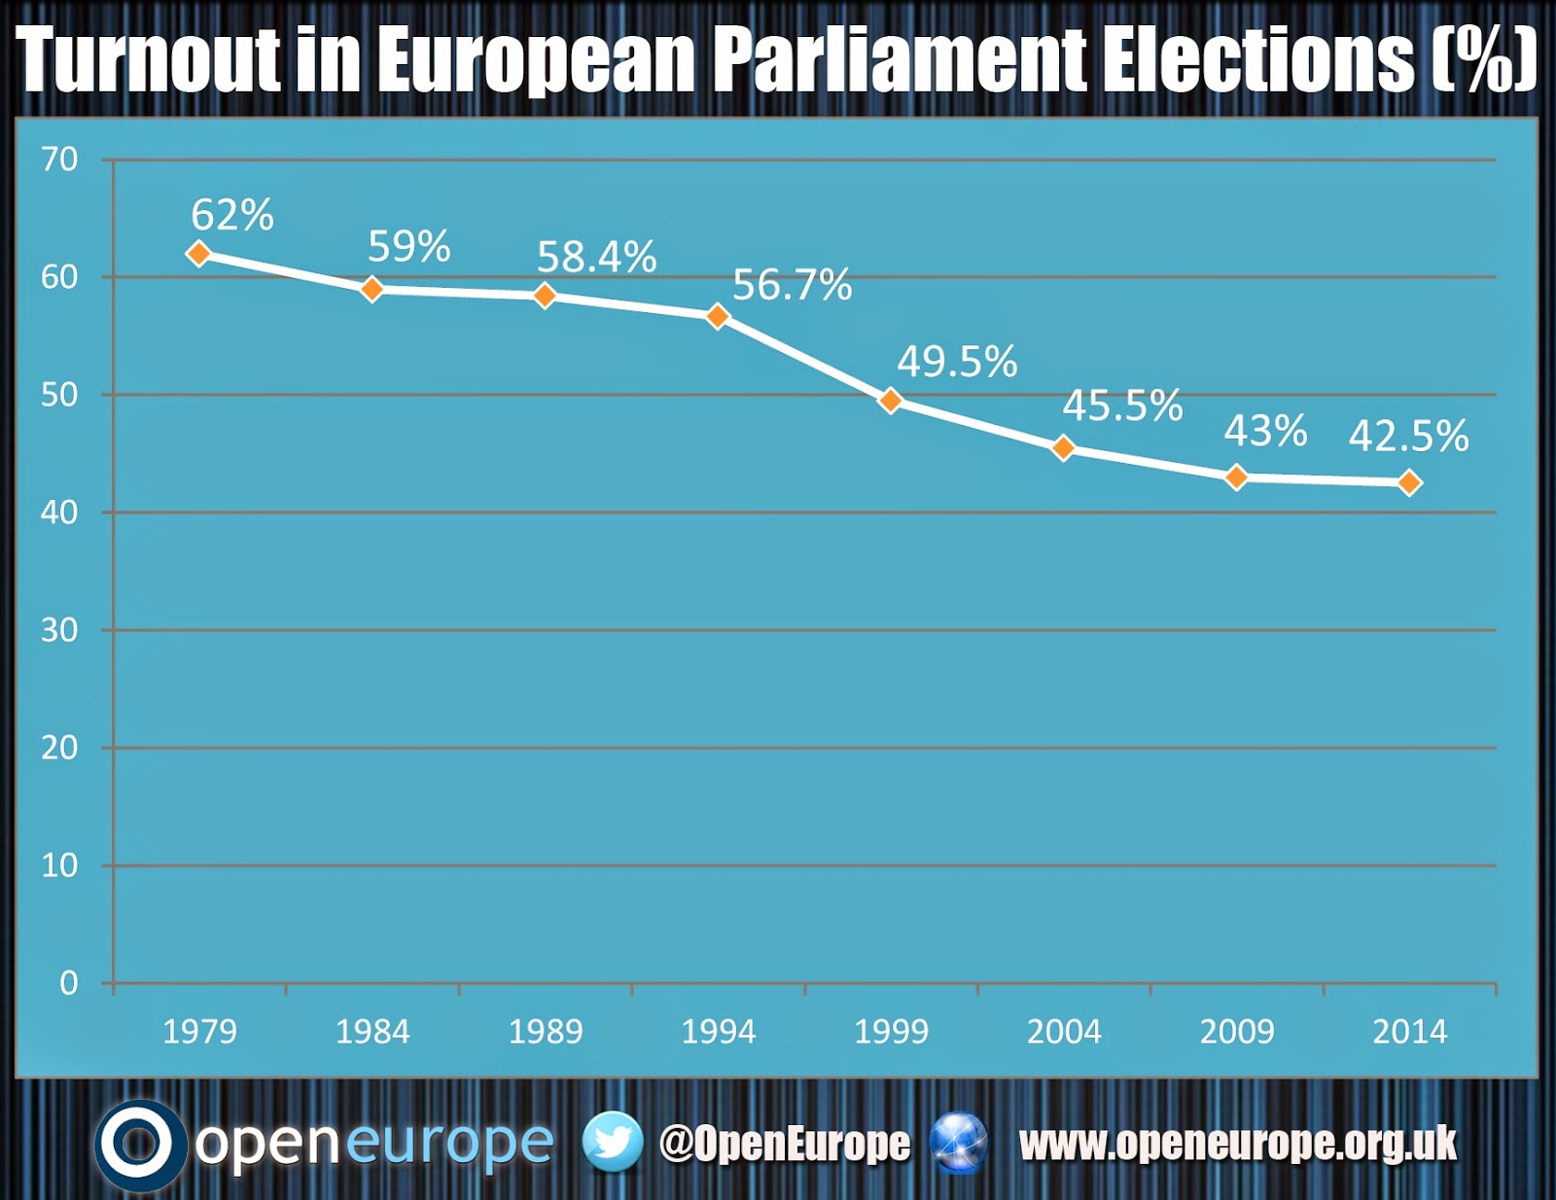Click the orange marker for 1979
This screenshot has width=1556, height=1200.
[198, 254]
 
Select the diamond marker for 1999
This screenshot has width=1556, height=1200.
[891, 401]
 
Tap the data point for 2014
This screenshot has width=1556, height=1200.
[1409, 482]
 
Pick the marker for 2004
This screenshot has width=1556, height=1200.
[1064, 448]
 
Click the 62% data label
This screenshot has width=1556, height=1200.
[231, 215]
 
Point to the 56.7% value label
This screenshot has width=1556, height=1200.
[792, 285]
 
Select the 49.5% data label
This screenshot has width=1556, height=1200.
[957, 362]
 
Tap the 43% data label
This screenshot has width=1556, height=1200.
[1265, 431]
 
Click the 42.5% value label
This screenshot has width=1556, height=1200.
[1408, 436]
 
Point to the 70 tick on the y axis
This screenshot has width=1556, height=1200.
[59, 159]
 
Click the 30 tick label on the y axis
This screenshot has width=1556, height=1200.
[59, 630]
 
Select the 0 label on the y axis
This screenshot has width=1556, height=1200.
[68, 983]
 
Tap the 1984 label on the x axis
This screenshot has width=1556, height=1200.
[372, 1032]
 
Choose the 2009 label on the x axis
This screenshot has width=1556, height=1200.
[1237, 1032]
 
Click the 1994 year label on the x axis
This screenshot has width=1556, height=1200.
[719, 1032]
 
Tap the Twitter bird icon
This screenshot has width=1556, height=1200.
[613, 1142]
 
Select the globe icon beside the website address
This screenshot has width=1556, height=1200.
[959, 1142]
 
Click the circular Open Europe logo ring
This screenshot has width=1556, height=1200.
[139, 1145]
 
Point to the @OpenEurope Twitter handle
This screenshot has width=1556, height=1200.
[785, 1144]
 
